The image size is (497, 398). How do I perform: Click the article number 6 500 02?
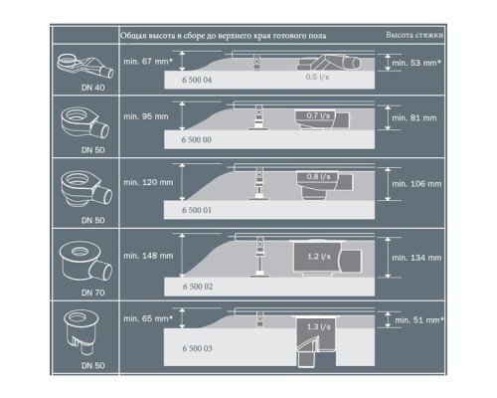click(x=197, y=286)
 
